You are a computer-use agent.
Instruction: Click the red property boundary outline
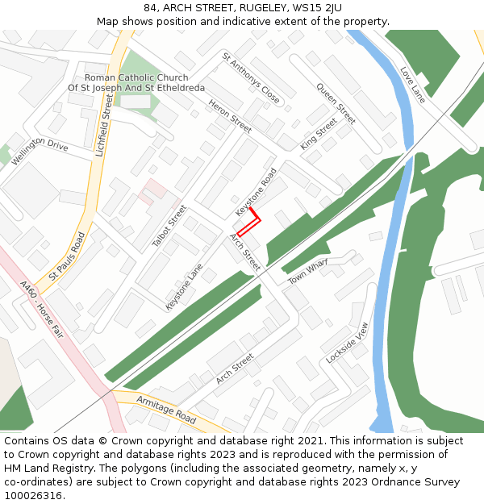click(249, 223)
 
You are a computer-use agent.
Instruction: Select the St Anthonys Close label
click(252, 78)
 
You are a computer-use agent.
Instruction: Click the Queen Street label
click(336, 103)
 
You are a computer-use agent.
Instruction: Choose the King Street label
click(319, 134)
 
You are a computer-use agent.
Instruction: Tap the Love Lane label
click(412, 85)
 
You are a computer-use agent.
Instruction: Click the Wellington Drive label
click(40, 146)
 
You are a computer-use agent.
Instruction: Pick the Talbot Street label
click(169, 226)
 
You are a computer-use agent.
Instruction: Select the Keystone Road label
click(256, 191)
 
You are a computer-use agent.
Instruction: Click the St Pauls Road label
click(67, 256)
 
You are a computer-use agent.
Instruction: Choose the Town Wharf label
click(309, 270)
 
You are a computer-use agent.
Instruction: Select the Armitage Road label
click(166, 410)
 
